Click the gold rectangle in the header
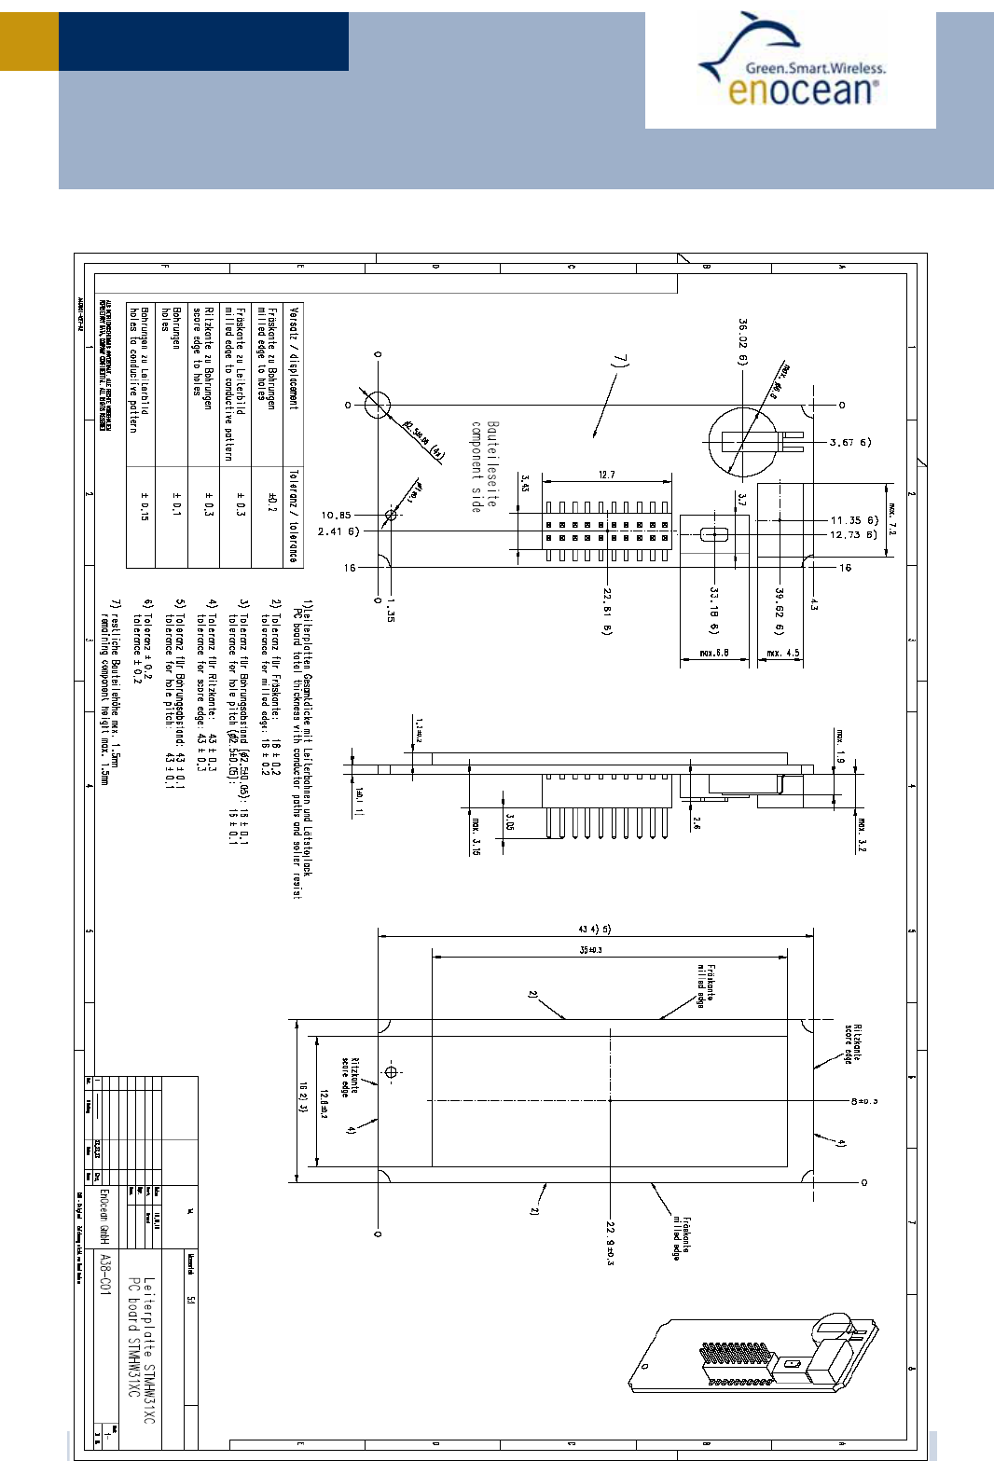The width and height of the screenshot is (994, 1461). coord(29,41)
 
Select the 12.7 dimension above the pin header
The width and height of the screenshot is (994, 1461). coord(607,475)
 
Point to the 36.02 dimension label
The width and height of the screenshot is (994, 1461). coord(743,342)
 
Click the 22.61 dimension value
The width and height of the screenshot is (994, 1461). coord(607,612)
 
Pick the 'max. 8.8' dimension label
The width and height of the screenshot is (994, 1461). coord(714,654)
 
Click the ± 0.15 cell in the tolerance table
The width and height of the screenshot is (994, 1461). coord(144,505)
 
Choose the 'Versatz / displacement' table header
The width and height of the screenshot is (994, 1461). coord(294,359)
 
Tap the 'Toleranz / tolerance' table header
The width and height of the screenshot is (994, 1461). coord(294,516)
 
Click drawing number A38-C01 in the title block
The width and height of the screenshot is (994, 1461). coord(105,1275)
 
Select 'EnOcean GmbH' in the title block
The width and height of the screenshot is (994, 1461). coord(105,1217)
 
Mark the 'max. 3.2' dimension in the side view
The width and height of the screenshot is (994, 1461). coord(862,834)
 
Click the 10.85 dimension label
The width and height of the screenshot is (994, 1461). coord(336,516)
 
